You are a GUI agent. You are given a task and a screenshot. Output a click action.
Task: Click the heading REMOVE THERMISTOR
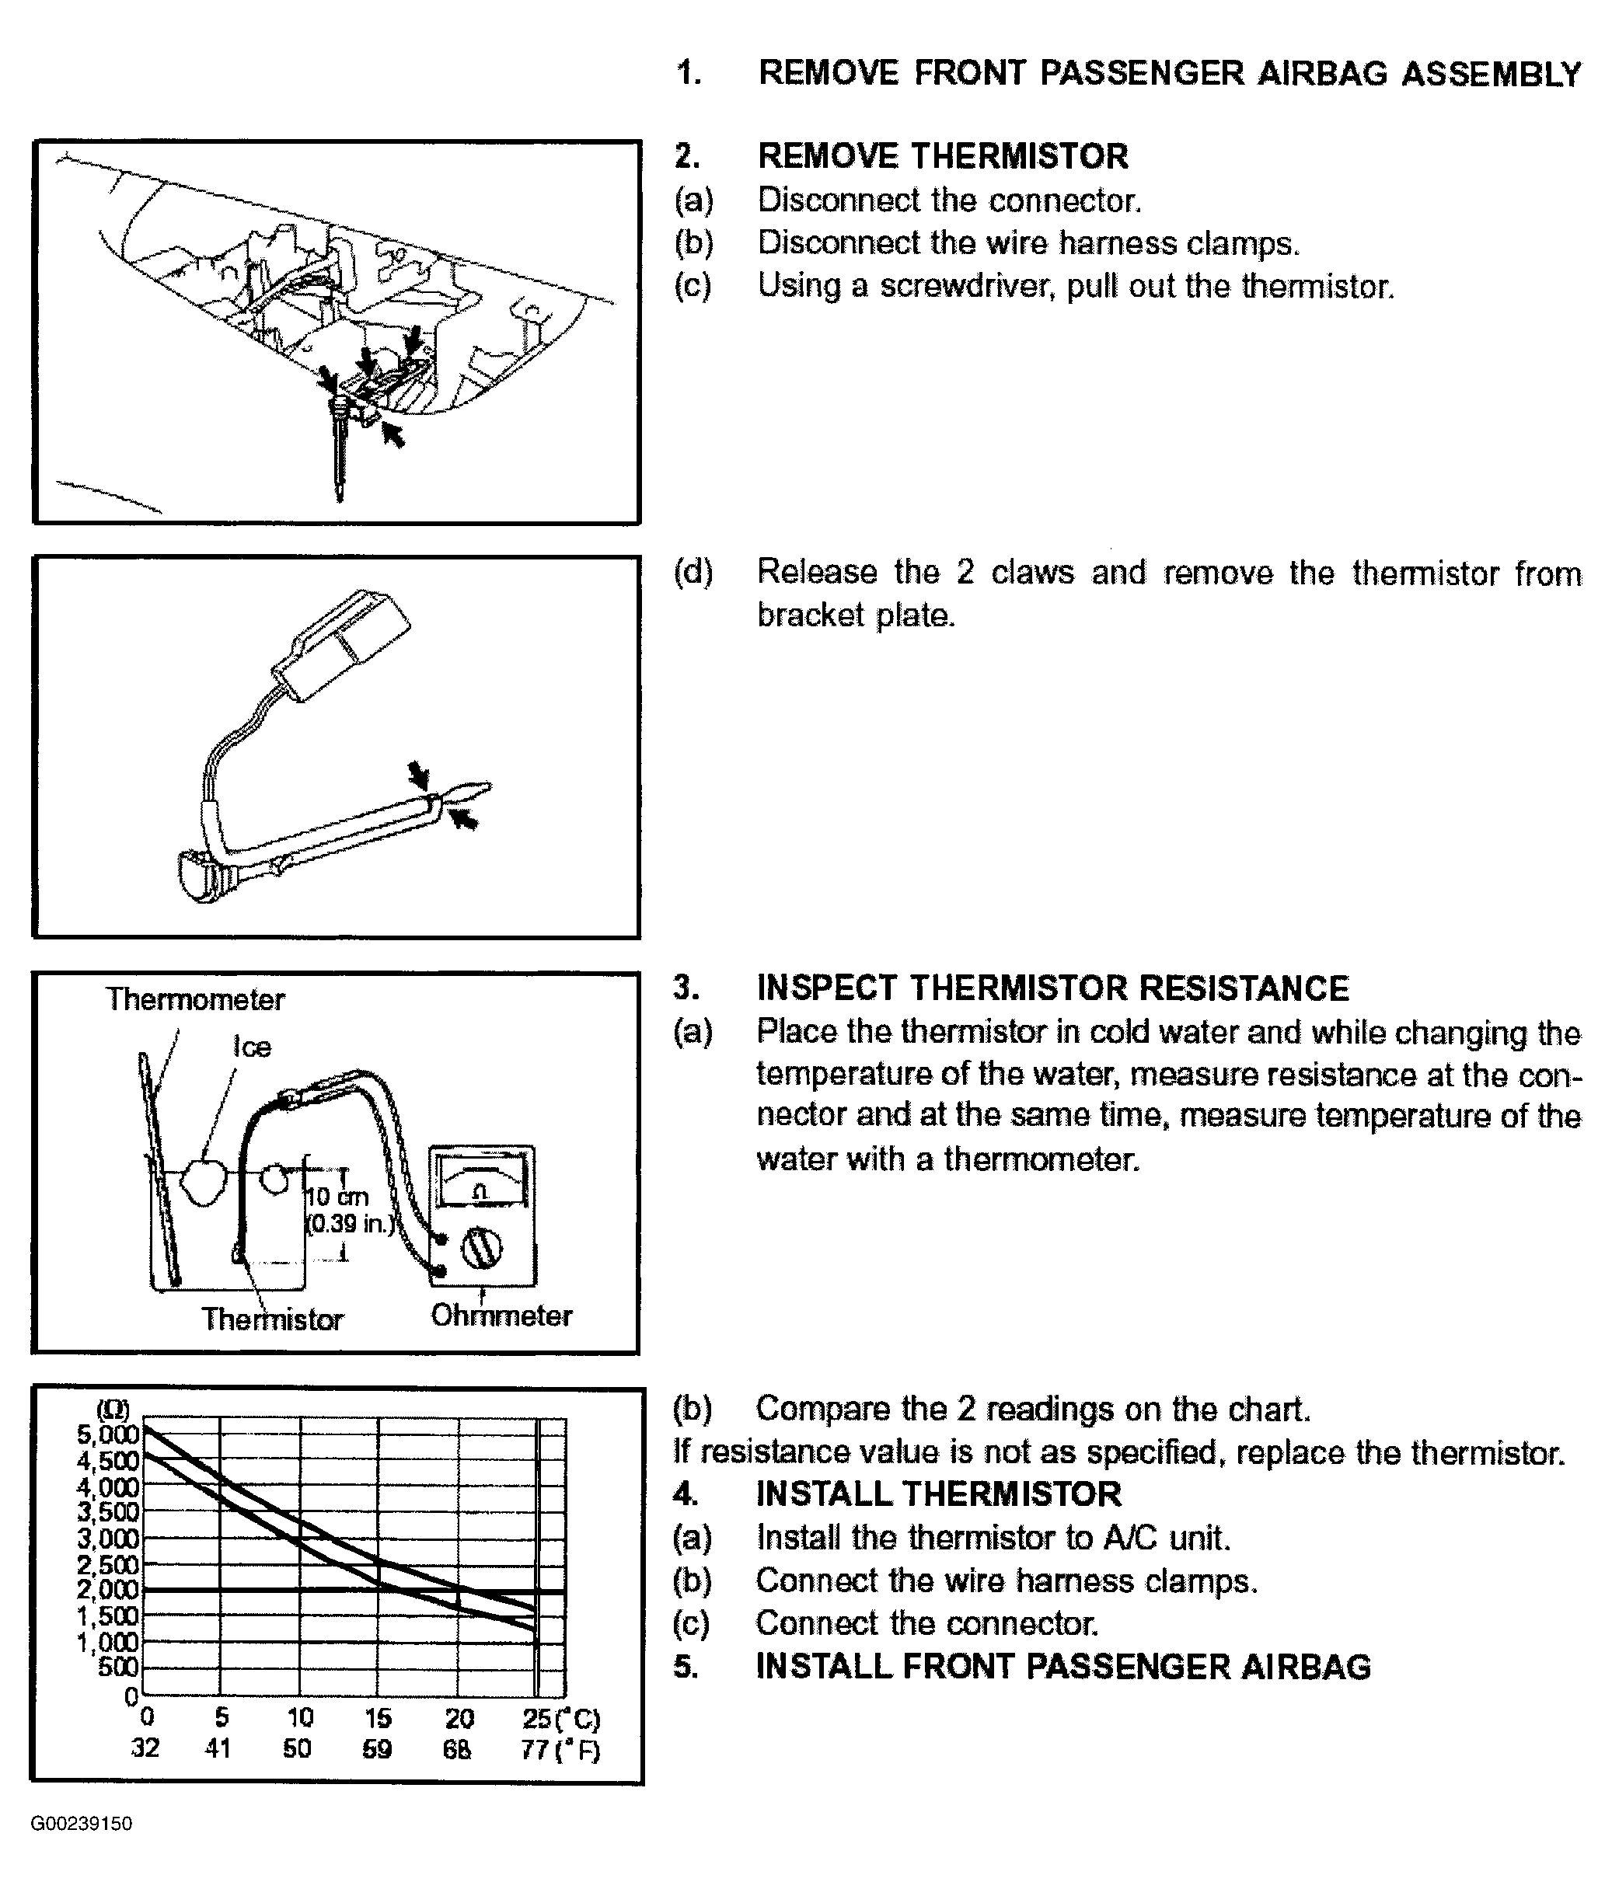pos(943,156)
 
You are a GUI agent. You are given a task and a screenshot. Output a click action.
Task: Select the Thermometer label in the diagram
pos(195,999)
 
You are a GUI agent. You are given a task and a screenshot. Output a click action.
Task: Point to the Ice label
pos(252,1047)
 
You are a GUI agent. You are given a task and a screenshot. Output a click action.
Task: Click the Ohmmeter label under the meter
pos(501,1316)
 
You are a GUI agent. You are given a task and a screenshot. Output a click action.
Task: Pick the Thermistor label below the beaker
pos(272,1319)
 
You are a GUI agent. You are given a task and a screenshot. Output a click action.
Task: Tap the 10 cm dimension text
pos(337,1197)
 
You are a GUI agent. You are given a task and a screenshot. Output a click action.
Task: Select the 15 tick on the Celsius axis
pos(378,1719)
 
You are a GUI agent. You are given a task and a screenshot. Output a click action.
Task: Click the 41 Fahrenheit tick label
pos(218,1748)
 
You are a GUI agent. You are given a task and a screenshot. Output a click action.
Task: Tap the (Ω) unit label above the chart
pos(113,1410)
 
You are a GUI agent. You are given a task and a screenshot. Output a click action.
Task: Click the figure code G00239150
pos(81,1824)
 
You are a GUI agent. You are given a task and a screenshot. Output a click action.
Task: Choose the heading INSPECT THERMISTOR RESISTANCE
pos(1052,989)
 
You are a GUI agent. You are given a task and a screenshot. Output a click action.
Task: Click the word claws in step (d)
pos(1034,573)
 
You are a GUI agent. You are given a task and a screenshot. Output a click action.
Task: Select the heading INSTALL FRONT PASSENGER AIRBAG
pos(1063,1667)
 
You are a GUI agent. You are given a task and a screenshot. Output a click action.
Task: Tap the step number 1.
pos(689,73)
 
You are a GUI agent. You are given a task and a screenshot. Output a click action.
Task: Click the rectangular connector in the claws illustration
pos(342,643)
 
